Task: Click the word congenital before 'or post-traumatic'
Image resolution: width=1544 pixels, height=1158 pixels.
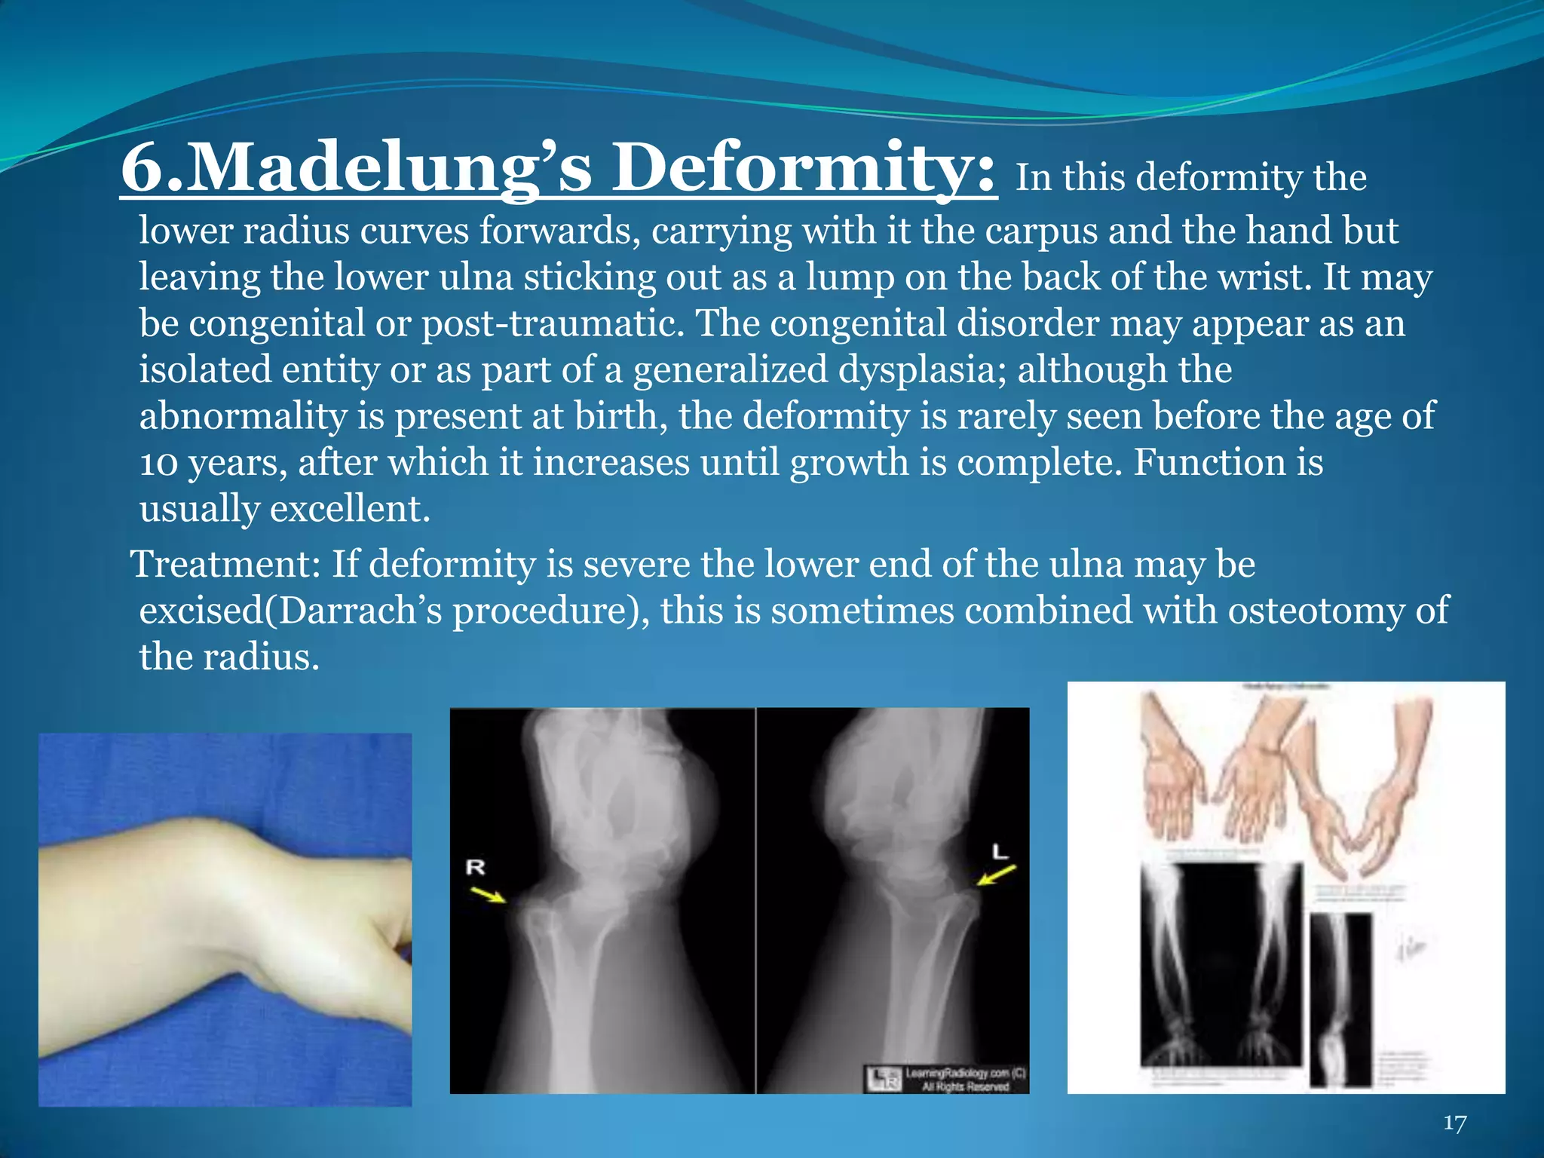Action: tap(275, 323)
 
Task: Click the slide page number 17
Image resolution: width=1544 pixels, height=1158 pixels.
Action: tap(1454, 1123)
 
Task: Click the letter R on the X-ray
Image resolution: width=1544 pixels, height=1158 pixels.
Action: tap(475, 868)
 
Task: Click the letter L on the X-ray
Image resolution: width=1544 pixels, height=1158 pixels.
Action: tap(1000, 853)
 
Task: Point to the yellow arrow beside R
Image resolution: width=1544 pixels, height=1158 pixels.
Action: tap(490, 896)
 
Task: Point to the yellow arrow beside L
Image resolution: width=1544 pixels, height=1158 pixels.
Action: tap(996, 876)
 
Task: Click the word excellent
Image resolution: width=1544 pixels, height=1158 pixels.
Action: tap(350, 509)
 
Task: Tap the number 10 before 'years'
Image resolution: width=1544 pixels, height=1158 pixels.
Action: tap(158, 463)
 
